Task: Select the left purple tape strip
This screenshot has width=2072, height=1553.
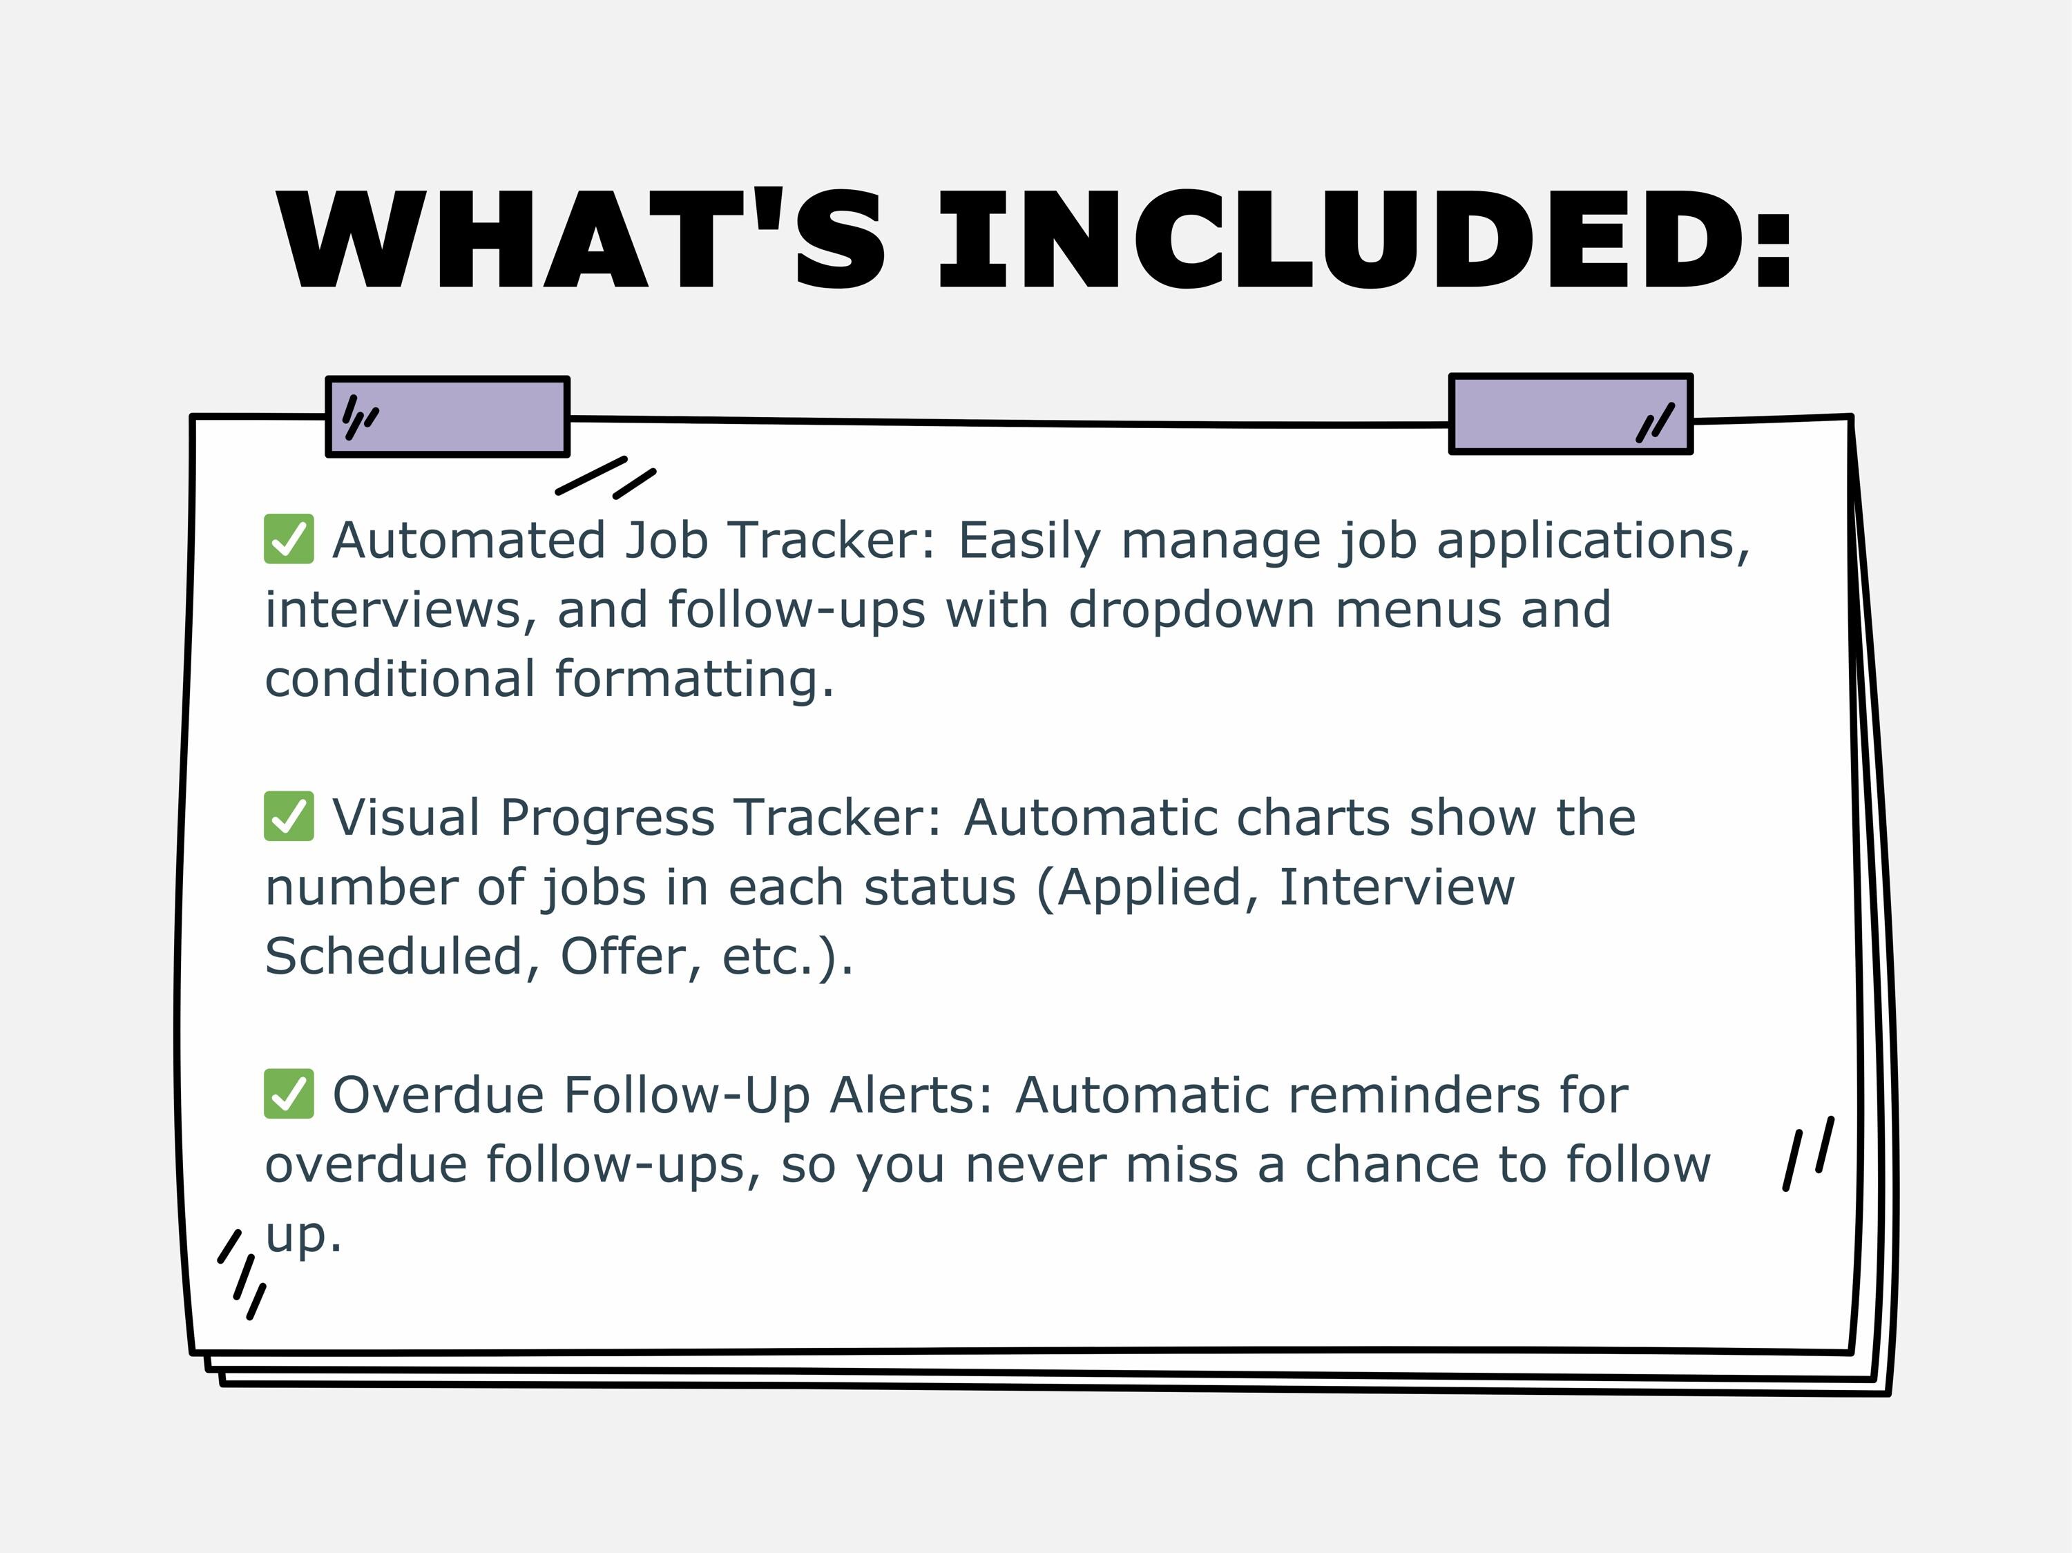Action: tap(448, 417)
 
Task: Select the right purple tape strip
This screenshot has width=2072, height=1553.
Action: tap(1571, 414)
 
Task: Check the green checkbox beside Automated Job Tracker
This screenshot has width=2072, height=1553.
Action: tap(289, 539)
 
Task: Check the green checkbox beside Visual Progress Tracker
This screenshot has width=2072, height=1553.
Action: tap(289, 817)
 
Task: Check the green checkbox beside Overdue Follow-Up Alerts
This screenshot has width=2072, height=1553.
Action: tap(289, 1094)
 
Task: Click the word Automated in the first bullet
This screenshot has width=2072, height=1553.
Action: tap(469, 541)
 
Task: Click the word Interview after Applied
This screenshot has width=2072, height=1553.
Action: tap(1397, 887)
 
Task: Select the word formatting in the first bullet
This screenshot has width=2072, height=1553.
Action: tap(693, 679)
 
